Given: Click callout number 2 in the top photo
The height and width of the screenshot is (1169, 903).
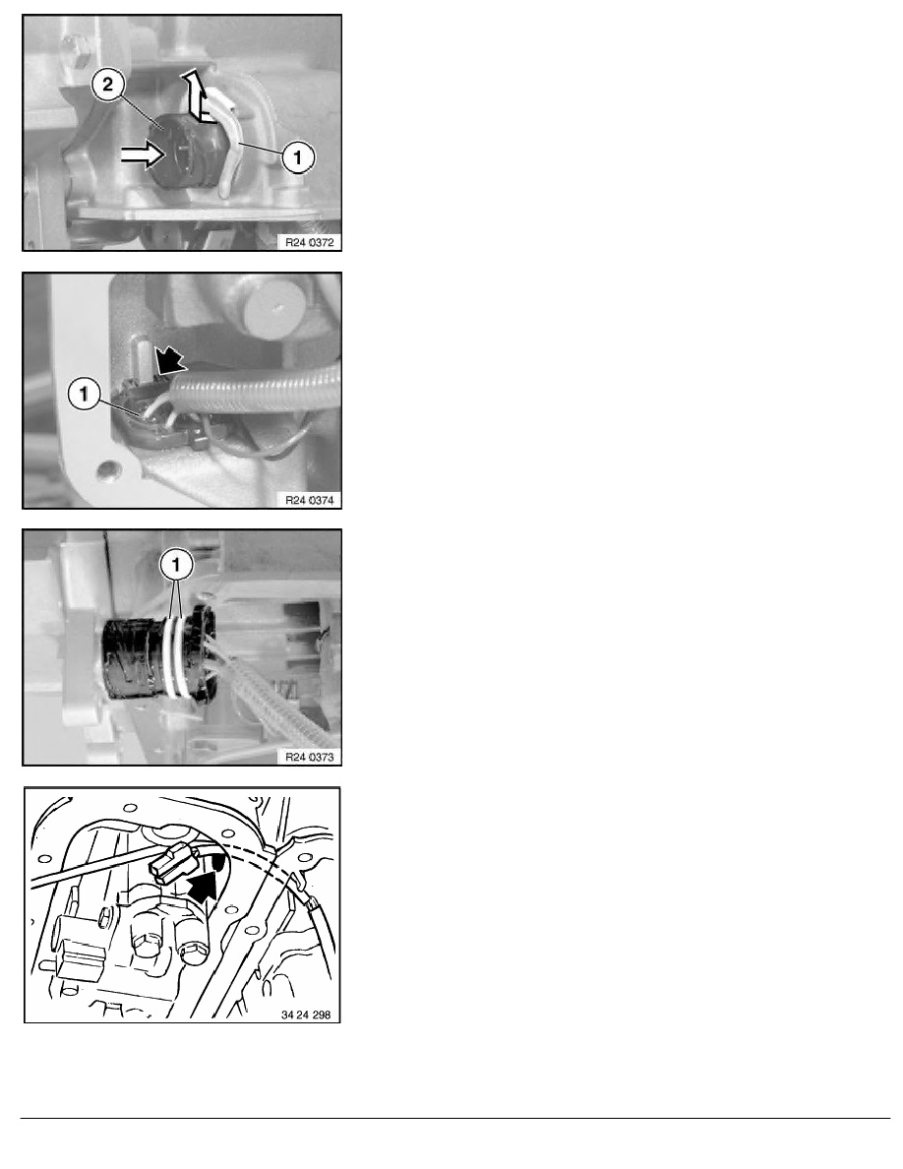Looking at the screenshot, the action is (x=108, y=85).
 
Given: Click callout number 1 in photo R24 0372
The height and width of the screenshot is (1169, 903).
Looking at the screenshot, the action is (x=297, y=157).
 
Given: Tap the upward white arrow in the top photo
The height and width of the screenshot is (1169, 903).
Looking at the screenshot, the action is (x=194, y=94).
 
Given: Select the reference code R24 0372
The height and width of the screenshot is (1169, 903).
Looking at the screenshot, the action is (x=309, y=242).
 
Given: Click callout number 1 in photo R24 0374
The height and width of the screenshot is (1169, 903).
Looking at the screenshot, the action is (x=84, y=393).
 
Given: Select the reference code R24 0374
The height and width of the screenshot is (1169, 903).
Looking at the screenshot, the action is (x=309, y=500).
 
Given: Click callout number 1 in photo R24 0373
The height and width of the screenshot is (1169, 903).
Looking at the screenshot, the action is (x=176, y=566).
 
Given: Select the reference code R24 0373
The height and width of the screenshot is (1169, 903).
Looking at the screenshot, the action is (x=309, y=758).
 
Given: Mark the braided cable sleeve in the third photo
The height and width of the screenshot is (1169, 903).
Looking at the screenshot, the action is (x=275, y=696).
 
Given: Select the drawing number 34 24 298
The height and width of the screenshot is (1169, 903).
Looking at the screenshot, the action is (x=306, y=1015).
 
